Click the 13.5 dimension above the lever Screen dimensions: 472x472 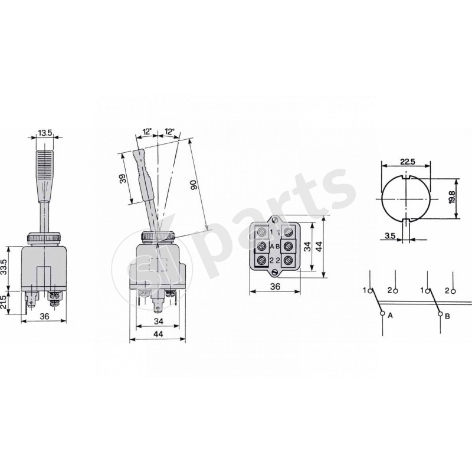click(45, 133)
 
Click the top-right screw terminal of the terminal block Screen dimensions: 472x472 click(289, 231)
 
